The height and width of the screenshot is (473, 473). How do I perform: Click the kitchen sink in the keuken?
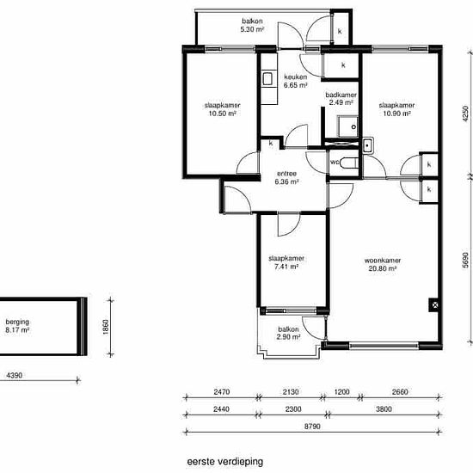click(x=267, y=79)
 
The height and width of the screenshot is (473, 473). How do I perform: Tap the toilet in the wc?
click(x=349, y=163)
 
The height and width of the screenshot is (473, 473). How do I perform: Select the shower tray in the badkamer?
click(x=347, y=126)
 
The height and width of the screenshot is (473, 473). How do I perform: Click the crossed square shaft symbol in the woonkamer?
click(x=434, y=305)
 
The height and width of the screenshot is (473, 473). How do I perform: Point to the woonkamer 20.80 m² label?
click(x=383, y=264)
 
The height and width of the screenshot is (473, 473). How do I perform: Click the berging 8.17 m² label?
click(x=17, y=326)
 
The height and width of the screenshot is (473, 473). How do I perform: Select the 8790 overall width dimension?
click(x=312, y=427)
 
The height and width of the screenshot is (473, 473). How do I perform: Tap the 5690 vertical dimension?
click(x=465, y=260)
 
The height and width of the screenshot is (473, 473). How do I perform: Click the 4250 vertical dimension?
click(x=465, y=114)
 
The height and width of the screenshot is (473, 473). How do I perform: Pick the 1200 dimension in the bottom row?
click(x=342, y=392)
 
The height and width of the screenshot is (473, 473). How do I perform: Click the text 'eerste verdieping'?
click(x=225, y=462)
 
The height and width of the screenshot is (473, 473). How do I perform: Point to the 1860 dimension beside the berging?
click(x=105, y=327)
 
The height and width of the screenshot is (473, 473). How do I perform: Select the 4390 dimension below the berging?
click(x=15, y=375)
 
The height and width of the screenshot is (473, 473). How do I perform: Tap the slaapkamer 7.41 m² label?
click(x=286, y=262)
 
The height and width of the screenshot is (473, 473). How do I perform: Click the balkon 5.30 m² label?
click(x=252, y=25)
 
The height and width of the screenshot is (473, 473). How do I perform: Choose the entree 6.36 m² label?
click(x=286, y=178)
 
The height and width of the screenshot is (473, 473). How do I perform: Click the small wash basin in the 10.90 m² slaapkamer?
click(x=368, y=145)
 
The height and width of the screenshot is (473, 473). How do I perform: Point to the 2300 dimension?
click(x=293, y=409)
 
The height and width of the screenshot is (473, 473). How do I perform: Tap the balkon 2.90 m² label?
click(x=288, y=333)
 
